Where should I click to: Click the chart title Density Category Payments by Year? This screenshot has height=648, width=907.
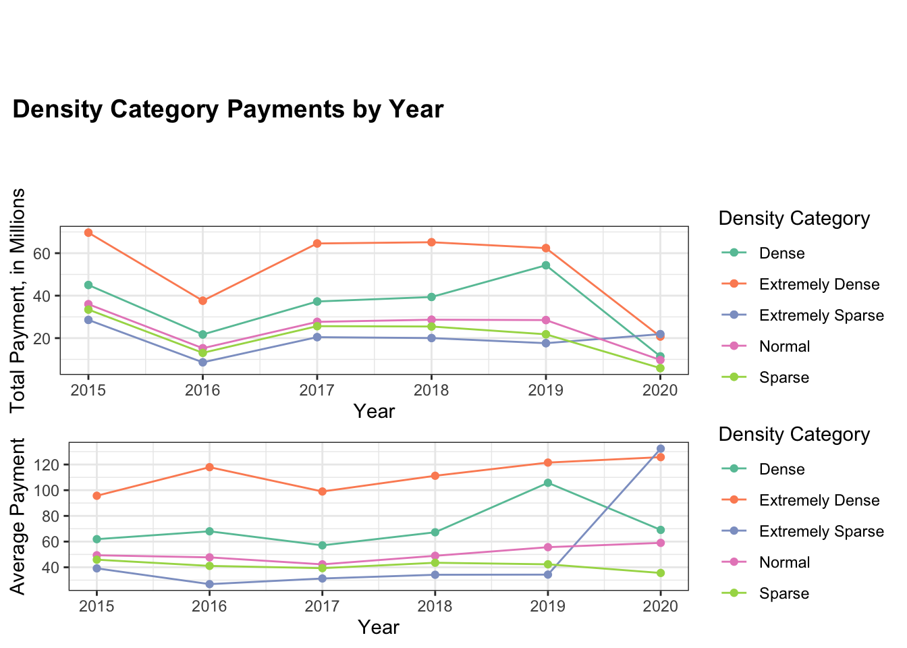[228, 109]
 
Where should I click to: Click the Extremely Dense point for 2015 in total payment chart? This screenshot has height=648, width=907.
[88, 233]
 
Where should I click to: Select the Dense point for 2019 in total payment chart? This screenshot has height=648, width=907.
[546, 265]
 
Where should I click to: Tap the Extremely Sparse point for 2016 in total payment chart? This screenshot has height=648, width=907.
[202, 362]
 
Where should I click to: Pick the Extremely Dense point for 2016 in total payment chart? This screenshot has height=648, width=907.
[202, 300]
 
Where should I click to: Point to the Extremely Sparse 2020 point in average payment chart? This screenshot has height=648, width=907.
[661, 448]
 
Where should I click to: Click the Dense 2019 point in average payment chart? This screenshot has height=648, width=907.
[548, 483]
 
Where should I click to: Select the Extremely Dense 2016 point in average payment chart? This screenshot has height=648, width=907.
[209, 467]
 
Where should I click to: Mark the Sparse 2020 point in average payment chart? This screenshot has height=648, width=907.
[661, 573]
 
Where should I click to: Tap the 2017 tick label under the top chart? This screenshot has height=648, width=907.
[317, 391]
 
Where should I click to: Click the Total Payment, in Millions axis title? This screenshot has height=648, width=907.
[18, 300]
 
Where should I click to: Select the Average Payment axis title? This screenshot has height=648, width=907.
[18, 516]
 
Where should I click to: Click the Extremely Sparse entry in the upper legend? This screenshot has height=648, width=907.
[821, 316]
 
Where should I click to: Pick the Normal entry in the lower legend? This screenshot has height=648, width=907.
[784, 563]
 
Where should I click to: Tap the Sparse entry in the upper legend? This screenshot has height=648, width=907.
[784, 378]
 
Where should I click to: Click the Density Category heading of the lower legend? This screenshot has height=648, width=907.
[794, 435]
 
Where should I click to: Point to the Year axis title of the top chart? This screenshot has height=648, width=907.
[374, 411]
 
